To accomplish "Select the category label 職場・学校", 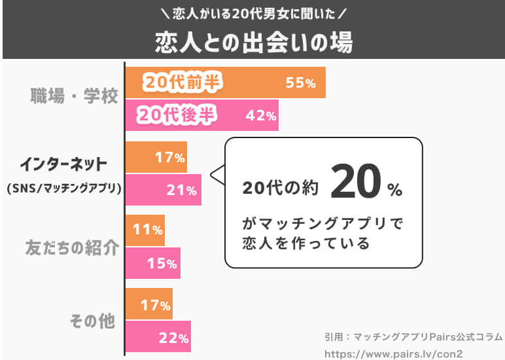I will (x=74, y=96).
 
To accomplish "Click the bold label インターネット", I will (x=63, y=163).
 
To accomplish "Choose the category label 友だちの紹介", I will (x=72, y=248).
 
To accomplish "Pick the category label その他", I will (x=92, y=321).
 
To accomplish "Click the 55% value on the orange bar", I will (x=300, y=83).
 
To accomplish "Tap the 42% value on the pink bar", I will (x=261, y=116).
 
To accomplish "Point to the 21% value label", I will (x=182, y=190).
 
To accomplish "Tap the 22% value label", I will (x=173, y=338).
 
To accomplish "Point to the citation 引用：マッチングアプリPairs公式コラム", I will (x=412, y=336).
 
